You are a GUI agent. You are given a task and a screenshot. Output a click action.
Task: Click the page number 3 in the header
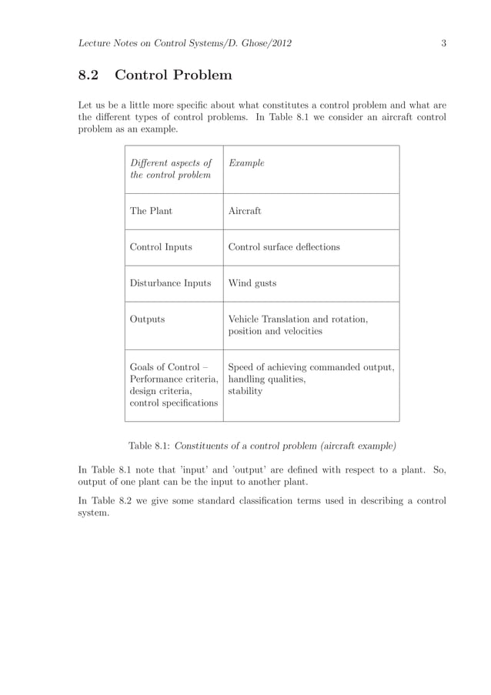(443, 43)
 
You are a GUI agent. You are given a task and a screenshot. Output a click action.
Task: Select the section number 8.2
(91, 75)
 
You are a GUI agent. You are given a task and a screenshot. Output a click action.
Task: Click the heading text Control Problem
(173, 75)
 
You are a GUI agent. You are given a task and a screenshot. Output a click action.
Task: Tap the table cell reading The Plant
(151, 211)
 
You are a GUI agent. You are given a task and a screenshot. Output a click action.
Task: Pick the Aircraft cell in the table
(245, 211)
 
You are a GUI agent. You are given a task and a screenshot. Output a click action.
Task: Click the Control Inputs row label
(161, 247)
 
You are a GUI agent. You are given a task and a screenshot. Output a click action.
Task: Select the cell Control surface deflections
(284, 247)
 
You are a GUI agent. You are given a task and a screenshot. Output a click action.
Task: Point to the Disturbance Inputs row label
(170, 283)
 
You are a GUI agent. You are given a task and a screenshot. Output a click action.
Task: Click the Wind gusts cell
(252, 283)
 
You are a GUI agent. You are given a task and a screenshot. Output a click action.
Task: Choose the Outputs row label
(147, 319)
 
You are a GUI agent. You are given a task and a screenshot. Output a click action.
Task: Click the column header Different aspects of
(170, 163)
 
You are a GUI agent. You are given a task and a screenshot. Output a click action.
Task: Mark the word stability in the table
(245, 391)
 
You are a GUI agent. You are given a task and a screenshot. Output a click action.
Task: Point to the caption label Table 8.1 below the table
(149, 446)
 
